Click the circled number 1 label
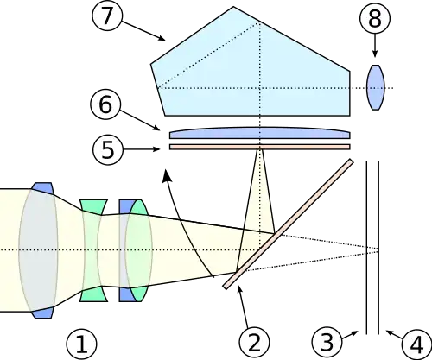81,344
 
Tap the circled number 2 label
254,343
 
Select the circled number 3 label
327,343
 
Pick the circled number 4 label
416,344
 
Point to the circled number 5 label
108,149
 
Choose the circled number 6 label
105,104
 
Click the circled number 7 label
106,16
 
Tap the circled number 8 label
375,18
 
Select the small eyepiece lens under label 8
375,87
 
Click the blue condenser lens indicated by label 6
260,133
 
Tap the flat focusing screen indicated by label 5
260,147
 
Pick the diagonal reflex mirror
288,224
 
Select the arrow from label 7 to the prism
142,30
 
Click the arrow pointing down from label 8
375,45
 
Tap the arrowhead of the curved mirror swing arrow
167,176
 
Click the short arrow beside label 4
394,334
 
